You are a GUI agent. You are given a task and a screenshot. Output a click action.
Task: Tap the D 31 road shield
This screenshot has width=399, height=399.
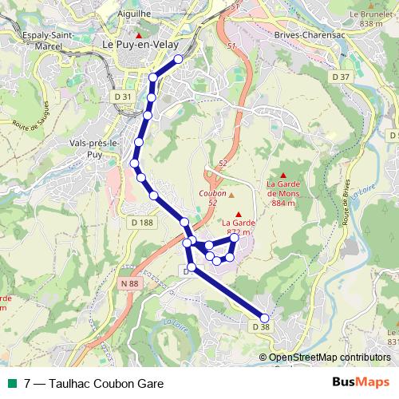[121, 96]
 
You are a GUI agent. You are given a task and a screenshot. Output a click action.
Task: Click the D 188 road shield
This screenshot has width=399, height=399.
[139, 222]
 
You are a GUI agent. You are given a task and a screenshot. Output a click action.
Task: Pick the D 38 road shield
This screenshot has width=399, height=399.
[261, 326]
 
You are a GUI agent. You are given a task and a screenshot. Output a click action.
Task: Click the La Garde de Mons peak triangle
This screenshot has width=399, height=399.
[282, 174]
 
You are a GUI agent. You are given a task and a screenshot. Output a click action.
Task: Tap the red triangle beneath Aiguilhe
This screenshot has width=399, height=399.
[139, 36]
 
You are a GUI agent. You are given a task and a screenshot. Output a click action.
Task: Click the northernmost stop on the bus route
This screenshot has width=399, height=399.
[178, 60]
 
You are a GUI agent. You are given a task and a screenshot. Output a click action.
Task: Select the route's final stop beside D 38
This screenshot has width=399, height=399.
[266, 316]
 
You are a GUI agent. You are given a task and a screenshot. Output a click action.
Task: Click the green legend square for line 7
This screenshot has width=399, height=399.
[11, 383]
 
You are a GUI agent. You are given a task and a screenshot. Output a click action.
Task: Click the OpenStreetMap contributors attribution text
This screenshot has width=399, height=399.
[330, 358]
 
